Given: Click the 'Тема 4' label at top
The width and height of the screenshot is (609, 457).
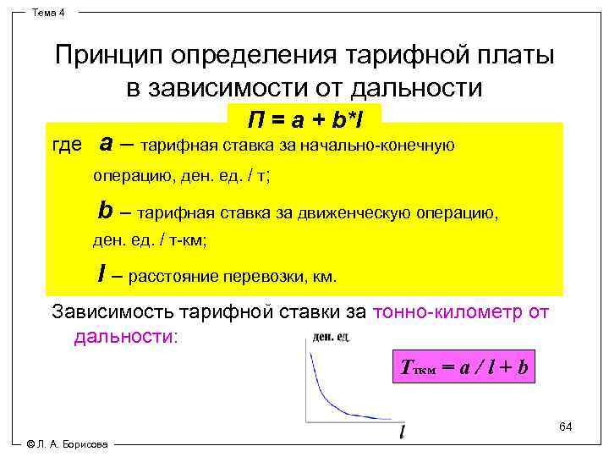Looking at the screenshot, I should [x=53, y=12].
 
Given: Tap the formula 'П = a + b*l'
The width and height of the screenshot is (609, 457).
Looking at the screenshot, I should [x=304, y=117].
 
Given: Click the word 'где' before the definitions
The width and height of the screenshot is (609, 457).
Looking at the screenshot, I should [x=68, y=146].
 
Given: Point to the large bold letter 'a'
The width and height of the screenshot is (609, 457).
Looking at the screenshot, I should [x=107, y=142].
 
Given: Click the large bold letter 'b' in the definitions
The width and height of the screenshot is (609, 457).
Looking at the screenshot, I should [x=106, y=209].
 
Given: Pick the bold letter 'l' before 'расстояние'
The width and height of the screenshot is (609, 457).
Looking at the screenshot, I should [x=101, y=273].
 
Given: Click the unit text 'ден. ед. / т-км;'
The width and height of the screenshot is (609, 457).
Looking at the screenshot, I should [x=150, y=240].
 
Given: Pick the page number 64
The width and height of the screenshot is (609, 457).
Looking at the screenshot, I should [x=565, y=426].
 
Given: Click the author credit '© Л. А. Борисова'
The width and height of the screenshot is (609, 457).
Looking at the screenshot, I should [x=68, y=444].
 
